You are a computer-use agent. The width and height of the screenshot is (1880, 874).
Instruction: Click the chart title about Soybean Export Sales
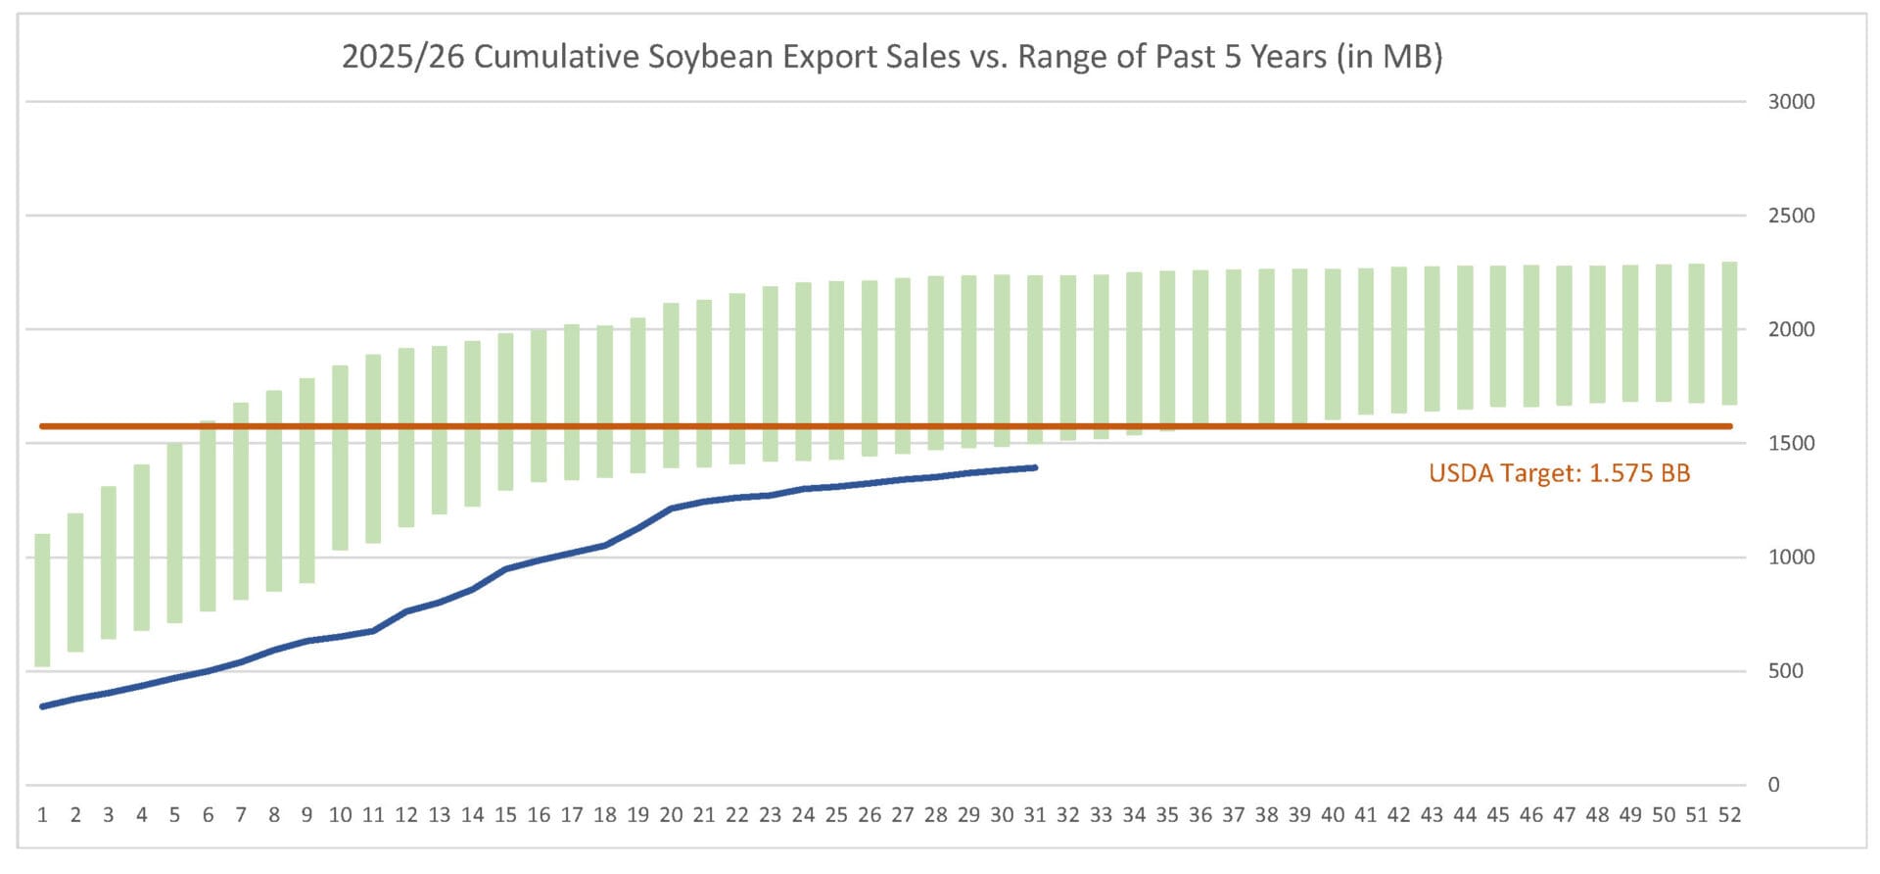[891, 57]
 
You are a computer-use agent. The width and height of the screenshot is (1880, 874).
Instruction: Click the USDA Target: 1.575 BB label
[1559, 474]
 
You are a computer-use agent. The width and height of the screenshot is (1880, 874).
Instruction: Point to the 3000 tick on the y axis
[1791, 102]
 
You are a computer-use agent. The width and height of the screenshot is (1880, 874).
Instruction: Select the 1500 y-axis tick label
[1791, 444]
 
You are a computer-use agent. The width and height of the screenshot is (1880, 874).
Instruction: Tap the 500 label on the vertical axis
[1785, 671]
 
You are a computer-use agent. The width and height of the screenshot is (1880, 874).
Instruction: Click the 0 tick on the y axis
[1773, 785]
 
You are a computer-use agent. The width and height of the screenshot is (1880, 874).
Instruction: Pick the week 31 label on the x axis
[1035, 815]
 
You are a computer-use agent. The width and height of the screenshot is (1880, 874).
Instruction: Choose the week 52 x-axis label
[1729, 815]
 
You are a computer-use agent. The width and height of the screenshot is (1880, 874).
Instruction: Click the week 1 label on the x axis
[43, 815]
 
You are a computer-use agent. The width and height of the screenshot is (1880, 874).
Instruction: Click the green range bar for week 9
[307, 480]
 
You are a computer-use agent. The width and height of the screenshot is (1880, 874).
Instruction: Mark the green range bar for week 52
[1729, 333]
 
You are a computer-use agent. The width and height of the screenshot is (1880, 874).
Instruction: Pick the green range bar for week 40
[1333, 344]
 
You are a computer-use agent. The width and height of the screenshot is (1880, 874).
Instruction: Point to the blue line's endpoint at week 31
[1035, 467]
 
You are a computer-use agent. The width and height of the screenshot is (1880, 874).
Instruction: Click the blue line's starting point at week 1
[43, 706]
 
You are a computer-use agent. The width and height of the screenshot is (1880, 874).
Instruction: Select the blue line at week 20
[672, 509]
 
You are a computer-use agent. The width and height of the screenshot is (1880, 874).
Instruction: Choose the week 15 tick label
[505, 815]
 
